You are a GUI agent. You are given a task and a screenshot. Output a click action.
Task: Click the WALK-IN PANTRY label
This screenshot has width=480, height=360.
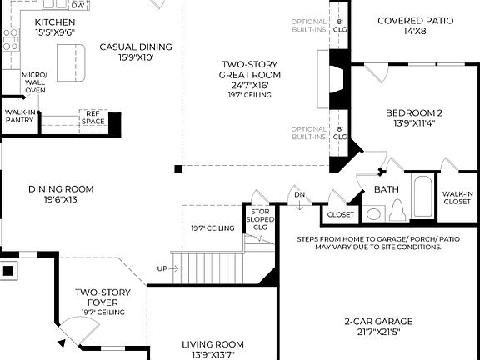19,116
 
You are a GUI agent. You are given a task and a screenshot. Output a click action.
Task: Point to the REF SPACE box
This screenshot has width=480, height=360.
93,117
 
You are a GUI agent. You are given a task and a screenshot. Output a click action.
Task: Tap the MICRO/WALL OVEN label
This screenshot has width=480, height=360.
35,82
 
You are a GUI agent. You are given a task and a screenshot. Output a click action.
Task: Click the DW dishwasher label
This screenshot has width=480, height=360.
77,5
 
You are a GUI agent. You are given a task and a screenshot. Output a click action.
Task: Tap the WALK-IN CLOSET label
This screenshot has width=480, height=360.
457,197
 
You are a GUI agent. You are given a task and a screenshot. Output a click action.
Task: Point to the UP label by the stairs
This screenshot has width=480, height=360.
162,268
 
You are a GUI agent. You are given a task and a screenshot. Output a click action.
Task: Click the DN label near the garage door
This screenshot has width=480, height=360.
299,195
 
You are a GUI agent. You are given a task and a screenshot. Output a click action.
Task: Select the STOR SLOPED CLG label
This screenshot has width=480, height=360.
260,219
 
